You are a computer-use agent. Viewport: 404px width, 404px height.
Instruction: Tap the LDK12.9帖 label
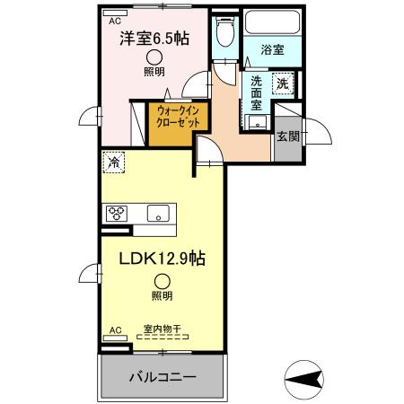click(x=163, y=259)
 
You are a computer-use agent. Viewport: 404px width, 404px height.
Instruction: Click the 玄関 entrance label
click(x=287, y=136)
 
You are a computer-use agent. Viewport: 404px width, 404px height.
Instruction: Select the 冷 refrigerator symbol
click(x=114, y=162)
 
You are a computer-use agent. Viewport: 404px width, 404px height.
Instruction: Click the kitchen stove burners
click(x=118, y=214)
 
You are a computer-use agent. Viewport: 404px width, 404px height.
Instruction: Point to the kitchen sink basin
click(x=158, y=214)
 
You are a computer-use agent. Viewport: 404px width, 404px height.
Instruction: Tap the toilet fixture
click(x=225, y=32)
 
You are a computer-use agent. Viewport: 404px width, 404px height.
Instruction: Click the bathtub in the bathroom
click(x=273, y=22)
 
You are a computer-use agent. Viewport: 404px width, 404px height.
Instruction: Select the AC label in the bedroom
click(x=114, y=20)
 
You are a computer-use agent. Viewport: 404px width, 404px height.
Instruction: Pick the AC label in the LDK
click(x=114, y=331)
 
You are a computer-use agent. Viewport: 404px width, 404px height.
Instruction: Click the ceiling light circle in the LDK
click(x=161, y=280)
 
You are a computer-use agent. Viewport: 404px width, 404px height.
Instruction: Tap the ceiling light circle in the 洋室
click(x=154, y=56)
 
